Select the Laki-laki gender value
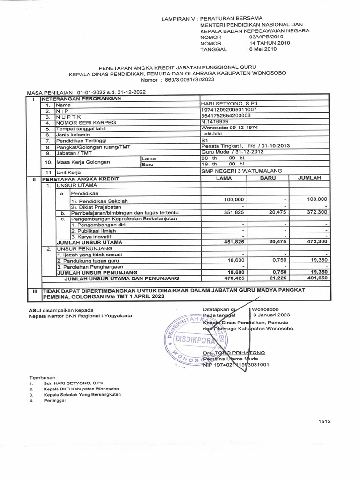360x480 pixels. pos(211,134)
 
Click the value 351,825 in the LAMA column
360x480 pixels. pos(235,212)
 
